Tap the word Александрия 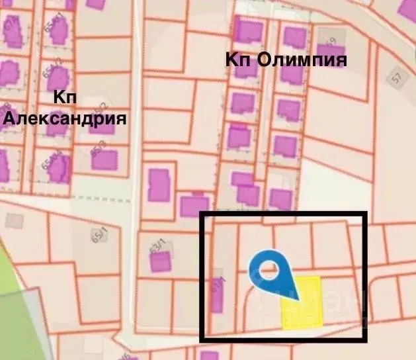point(65,119)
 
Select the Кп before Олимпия point(239,60)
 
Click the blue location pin point(274,279)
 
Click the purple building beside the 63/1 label point(160,262)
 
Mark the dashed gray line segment point(106,198)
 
